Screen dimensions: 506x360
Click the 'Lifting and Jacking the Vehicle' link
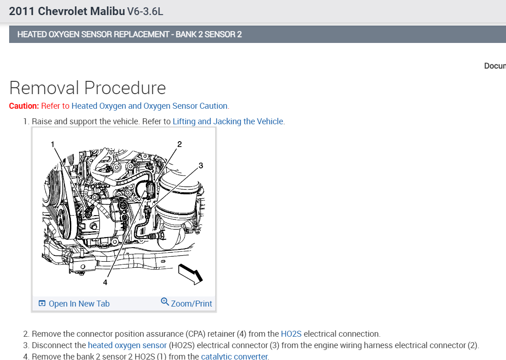228,122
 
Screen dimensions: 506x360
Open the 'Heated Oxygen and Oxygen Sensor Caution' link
149,106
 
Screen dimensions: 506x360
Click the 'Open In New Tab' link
79,304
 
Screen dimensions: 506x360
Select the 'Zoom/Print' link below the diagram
191,303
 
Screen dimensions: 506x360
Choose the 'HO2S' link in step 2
291,334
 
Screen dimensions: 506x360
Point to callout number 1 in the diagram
53,144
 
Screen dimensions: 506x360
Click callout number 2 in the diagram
179,144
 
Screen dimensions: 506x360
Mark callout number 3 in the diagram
201,165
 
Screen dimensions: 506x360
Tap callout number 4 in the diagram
105,282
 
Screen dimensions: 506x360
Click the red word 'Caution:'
24,106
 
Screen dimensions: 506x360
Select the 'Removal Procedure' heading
87,88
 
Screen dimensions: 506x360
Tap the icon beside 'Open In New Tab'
42,304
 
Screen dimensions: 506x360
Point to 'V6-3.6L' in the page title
145,11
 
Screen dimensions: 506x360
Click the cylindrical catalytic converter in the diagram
178,201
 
